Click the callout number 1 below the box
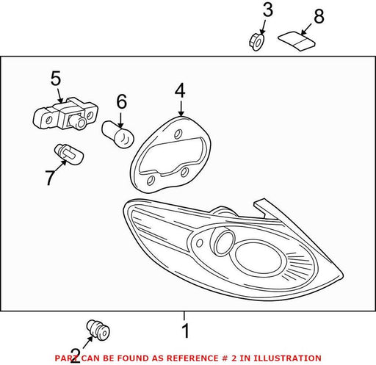[x=186, y=330]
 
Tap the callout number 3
[x=268, y=10]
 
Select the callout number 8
[x=319, y=16]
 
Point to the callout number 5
[x=56, y=79]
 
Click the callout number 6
[x=122, y=101]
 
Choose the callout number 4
[x=180, y=90]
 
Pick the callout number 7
[x=51, y=177]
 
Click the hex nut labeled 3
[x=256, y=42]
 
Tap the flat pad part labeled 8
[x=297, y=41]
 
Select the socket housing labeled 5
[x=65, y=114]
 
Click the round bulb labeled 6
[x=118, y=134]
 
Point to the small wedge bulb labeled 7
[x=68, y=154]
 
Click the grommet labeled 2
[x=98, y=330]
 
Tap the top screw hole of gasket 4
[x=178, y=134]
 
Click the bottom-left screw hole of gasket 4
[x=150, y=181]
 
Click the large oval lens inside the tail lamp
[x=258, y=257]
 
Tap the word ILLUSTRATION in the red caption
[x=287, y=358]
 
